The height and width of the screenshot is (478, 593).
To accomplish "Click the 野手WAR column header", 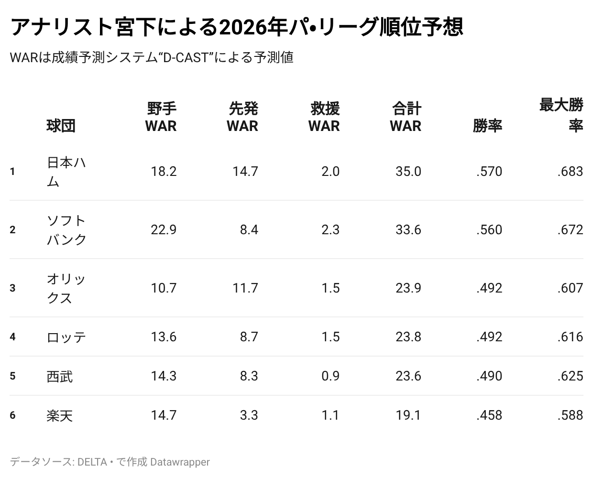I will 161,117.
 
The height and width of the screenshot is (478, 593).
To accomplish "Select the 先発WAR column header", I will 242,117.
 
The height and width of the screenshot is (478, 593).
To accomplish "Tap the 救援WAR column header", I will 324,117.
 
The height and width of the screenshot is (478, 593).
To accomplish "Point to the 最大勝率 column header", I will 561,115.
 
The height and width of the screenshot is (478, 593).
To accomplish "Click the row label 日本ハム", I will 66,172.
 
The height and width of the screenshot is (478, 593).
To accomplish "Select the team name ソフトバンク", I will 66,230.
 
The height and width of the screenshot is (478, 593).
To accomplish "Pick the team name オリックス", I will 66,288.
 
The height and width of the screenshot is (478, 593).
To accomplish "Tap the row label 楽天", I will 60,415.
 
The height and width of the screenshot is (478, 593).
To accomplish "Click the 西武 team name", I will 60,376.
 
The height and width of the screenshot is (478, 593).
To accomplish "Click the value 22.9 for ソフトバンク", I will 164,230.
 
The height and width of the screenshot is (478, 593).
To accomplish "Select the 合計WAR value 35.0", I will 408,172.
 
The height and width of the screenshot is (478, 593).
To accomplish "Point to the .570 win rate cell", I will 489,172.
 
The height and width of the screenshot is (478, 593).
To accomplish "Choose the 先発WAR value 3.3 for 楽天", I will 249,415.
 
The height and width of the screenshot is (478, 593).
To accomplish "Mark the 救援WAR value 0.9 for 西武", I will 330,376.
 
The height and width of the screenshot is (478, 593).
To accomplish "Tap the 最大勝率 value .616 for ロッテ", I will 570,337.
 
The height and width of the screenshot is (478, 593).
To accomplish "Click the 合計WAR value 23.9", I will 408,288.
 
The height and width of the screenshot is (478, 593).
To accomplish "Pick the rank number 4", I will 12,337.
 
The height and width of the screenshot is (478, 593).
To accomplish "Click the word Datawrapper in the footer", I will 180,462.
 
